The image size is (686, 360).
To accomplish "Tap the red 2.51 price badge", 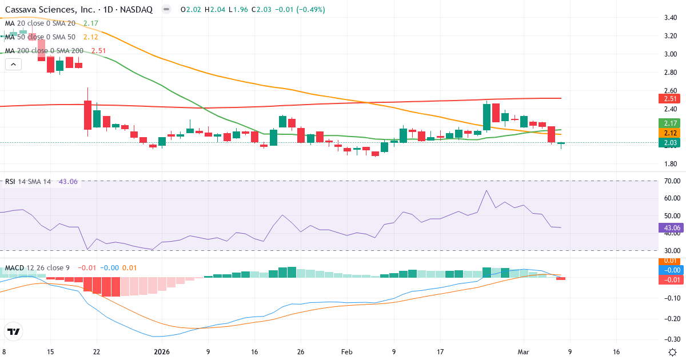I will pyautogui.click(x=669, y=99).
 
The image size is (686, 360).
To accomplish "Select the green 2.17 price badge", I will pyautogui.click(x=669, y=123).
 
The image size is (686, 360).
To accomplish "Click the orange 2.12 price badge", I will pyautogui.click(x=669, y=133).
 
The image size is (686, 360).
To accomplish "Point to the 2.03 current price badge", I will pyautogui.click(x=669, y=143).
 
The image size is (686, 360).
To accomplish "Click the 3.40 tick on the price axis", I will pyautogui.click(x=670, y=18).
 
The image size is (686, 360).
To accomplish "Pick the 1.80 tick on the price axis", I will pyautogui.click(x=670, y=164).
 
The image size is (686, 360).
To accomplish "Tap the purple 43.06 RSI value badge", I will pyautogui.click(x=669, y=227).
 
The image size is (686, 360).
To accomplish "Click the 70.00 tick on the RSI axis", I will pyautogui.click(x=670, y=181).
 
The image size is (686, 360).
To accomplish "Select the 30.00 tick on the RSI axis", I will pyautogui.click(x=670, y=250).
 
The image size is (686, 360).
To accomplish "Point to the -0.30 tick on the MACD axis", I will pyautogui.click(x=670, y=339).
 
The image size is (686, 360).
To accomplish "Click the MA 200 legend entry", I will pyautogui.click(x=45, y=51).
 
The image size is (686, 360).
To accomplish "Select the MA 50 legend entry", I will pyautogui.click(x=40, y=37).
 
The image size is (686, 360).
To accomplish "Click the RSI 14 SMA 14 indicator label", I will pyautogui.click(x=28, y=182).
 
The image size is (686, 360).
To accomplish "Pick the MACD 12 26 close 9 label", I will pyautogui.click(x=38, y=268).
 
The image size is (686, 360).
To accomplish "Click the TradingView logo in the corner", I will pyautogui.click(x=13, y=331).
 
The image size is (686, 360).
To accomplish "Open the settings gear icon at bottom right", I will pyautogui.click(x=672, y=352).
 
